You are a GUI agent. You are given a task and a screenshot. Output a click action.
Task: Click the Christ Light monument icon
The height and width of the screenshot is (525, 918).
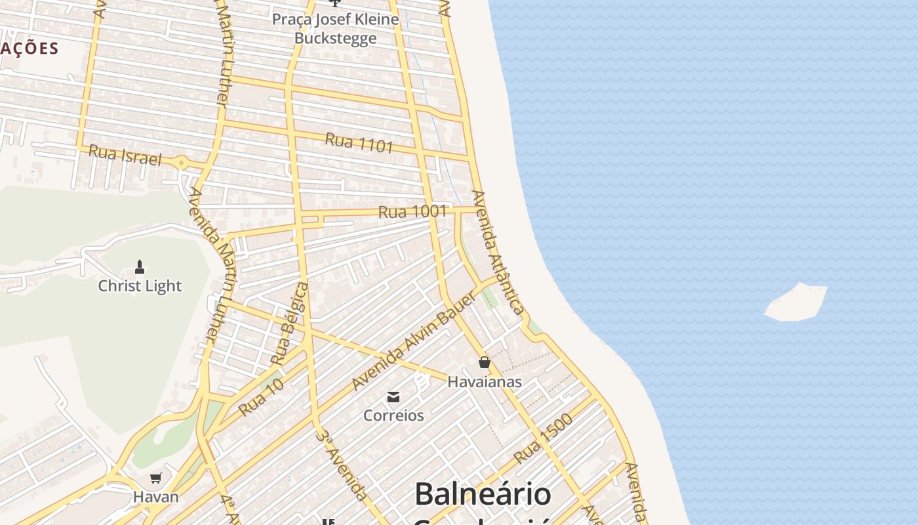coord(139,266)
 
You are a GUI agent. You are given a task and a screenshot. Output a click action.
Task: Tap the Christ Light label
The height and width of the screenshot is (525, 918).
coord(140,286)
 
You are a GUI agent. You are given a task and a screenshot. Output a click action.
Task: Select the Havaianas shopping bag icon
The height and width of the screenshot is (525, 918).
coord(485,362)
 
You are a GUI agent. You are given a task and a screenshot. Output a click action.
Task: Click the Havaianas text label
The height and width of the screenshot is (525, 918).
coord(485,381)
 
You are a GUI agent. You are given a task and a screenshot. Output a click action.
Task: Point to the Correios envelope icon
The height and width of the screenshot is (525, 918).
coord(393,396)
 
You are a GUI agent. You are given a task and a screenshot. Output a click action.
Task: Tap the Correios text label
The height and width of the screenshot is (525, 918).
coord(393,415)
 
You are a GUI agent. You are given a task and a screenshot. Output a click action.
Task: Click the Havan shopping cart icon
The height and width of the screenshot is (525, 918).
coord(155,478)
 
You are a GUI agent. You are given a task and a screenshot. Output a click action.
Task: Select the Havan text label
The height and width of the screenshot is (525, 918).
coord(156,497)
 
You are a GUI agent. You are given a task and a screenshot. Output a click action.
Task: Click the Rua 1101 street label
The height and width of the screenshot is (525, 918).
coord(359,142)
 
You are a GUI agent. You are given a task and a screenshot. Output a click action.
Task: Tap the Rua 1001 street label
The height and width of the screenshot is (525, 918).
coord(412,211)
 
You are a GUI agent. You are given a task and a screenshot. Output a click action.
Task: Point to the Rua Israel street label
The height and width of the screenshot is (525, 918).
coord(125,155)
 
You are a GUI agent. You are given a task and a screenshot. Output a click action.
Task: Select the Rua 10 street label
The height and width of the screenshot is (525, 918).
coord(261,397)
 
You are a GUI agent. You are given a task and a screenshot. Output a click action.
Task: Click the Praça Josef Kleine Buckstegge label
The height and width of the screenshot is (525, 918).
coord(335,28)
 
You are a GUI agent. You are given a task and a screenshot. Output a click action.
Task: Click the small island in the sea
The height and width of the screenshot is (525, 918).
coord(796,303)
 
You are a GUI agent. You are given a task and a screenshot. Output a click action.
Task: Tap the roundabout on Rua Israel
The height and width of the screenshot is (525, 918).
coord(181,162)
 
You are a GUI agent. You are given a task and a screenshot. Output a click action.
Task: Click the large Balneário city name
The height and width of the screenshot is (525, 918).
coord(483,493)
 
